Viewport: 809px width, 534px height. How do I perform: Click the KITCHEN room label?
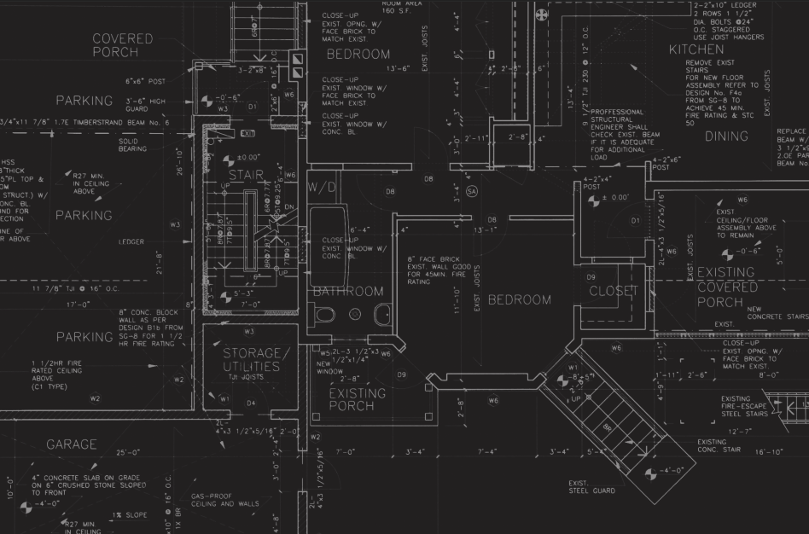(696, 49)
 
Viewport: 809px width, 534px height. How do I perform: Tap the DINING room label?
(726, 136)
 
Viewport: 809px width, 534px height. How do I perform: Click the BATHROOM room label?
(348, 291)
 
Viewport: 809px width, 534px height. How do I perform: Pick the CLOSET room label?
(614, 291)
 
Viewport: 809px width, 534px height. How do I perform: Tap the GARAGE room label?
(72, 444)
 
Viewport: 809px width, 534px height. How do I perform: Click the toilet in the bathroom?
(325, 315)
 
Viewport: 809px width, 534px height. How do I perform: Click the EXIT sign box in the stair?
(248, 134)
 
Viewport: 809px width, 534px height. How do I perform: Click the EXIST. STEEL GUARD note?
(591, 486)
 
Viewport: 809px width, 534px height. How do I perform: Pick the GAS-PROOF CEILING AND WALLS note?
(224, 500)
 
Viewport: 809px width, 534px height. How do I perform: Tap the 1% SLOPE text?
(129, 515)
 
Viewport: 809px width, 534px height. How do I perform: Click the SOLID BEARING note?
(132, 145)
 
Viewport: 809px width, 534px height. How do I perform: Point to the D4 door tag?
(251, 403)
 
